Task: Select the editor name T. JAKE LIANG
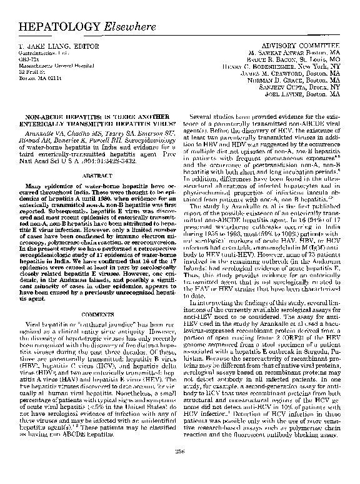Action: pyautogui.click(x=52, y=48)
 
